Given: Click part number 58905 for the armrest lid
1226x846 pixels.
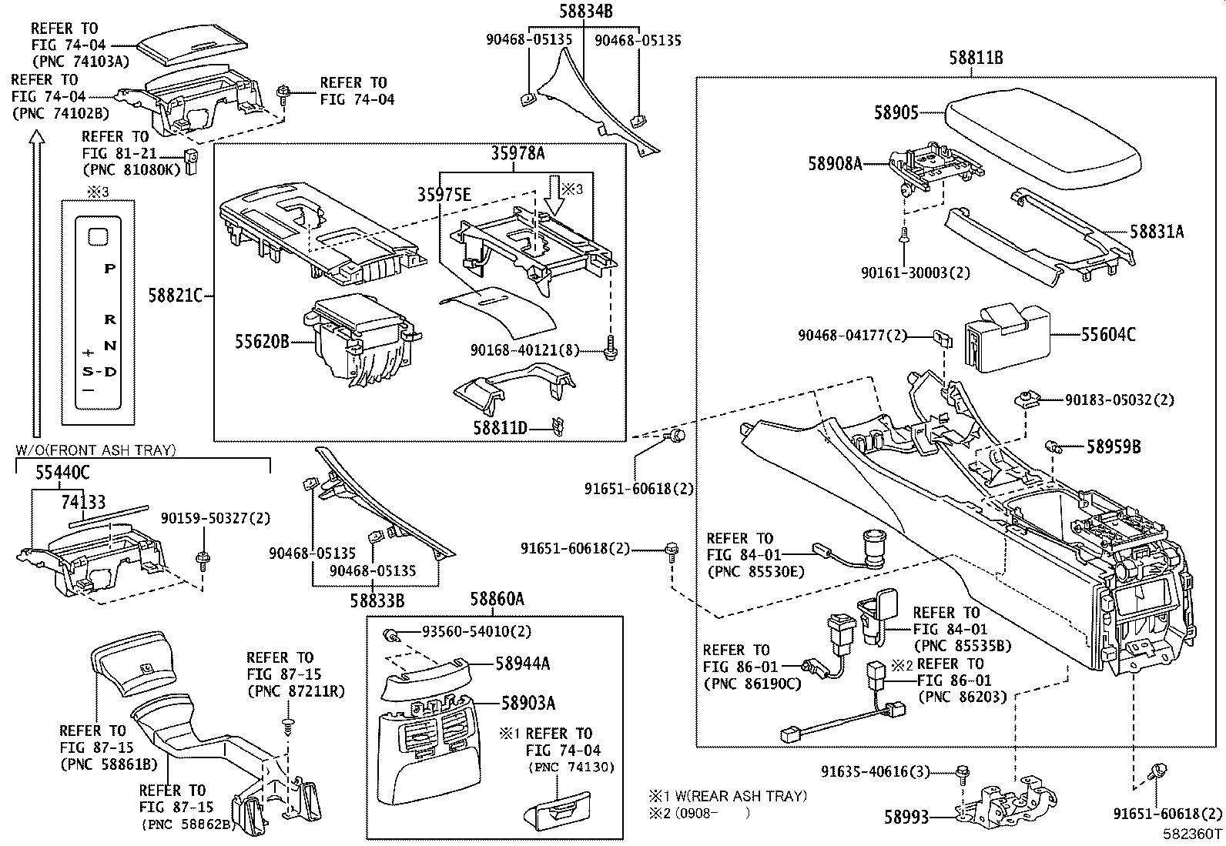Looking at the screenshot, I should [896, 112].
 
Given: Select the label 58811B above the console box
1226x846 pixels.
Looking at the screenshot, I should [975, 57].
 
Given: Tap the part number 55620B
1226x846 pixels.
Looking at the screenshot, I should [262, 341].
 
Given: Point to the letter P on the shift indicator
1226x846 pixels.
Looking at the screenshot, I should [110, 269].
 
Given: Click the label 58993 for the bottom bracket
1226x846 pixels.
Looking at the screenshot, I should [906, 817].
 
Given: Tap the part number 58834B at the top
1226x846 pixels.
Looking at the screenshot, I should [585, 11].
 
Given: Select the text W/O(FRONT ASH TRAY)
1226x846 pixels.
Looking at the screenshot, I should [95, 450].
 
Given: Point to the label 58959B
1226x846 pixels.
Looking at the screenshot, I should [1114, 446].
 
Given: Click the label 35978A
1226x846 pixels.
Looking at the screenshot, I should [518, 154].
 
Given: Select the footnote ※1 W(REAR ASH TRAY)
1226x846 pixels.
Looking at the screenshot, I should [727, 795].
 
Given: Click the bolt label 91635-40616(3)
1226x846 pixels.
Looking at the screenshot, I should [885, 771].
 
